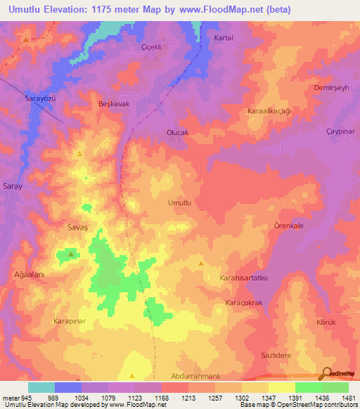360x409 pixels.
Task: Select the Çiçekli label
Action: pos(152,48)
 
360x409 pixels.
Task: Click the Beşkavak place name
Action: pos(113,103)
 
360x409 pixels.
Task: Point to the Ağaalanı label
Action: pos(30,275)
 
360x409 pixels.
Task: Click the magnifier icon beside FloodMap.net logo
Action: pos(327,372)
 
